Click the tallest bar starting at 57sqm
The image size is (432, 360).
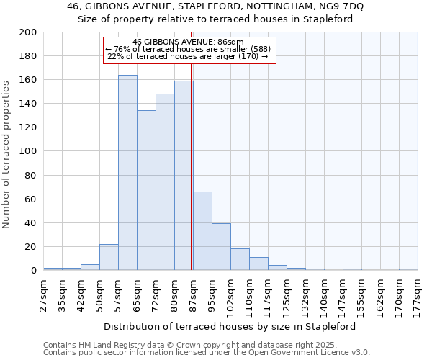click(127, 173)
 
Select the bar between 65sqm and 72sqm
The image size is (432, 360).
click(146, 191)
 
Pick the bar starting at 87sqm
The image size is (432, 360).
click(202, 231)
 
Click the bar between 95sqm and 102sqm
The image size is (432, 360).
click(221, 247)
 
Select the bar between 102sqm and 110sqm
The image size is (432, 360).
click(240, 259)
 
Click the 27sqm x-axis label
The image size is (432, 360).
click(44, 295)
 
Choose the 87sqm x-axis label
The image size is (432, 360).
click(194, 295)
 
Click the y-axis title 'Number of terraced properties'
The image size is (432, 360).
click(6, 153)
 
